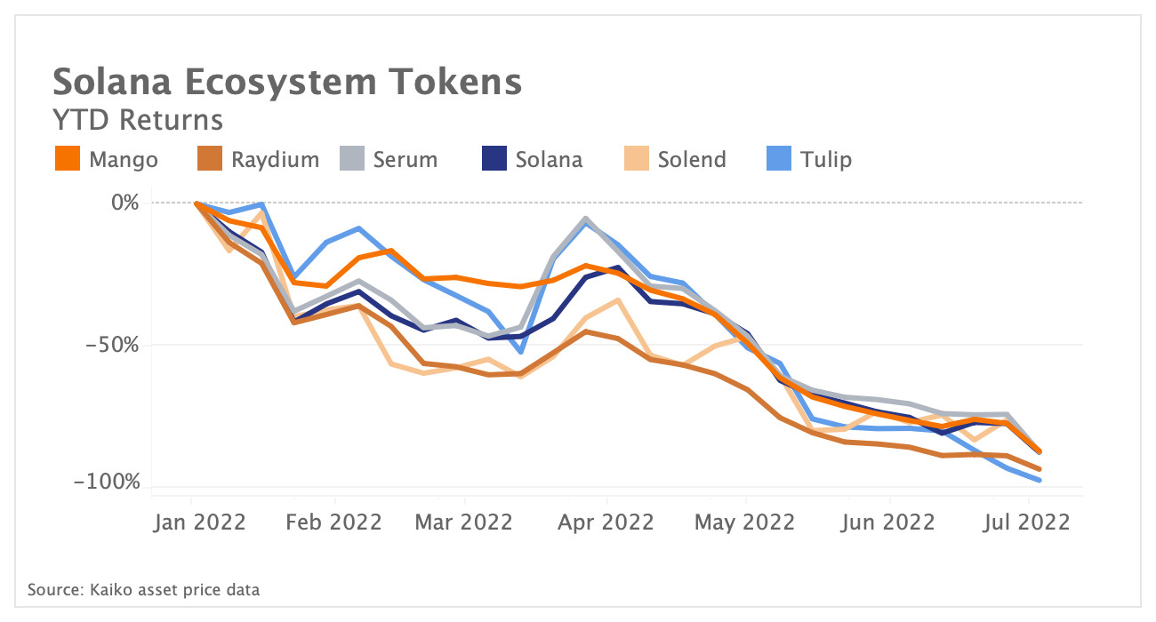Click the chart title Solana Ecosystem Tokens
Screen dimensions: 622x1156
pyautogui.click(x=286, y=82)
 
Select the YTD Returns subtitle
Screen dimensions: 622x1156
pyautogui.click(x=138, y=120)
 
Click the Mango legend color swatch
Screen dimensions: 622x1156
pyautogui.click(x=68, y=159)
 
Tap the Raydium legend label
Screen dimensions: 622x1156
pyautogui.click(x=275, y=160)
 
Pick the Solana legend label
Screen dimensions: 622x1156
pyautogui.click(x=549, y=160)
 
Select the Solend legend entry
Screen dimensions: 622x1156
pyautogui.click(x=692, y=160)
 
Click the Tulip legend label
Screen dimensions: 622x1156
pyautogui.click(x=825, y=160)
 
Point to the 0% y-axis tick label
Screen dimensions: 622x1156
pyautogui.click(x=124, y=203)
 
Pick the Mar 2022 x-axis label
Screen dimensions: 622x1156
pyautogui.click(x=465, y=522)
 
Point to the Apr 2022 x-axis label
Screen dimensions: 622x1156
pyautogui.click(x=606, y=522)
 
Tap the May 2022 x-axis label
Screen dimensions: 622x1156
pyautogui.click(x=745, y=522)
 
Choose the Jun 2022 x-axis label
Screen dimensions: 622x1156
pyautogui.click(x=887, y=522)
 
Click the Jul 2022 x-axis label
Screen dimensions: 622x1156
pyautogui.click(x=1028, y=522)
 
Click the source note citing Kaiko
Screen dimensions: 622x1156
pyautogui.click(x=143, y=589)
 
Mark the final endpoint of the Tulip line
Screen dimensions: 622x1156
pyautogui.click(x=1040, y=481)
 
